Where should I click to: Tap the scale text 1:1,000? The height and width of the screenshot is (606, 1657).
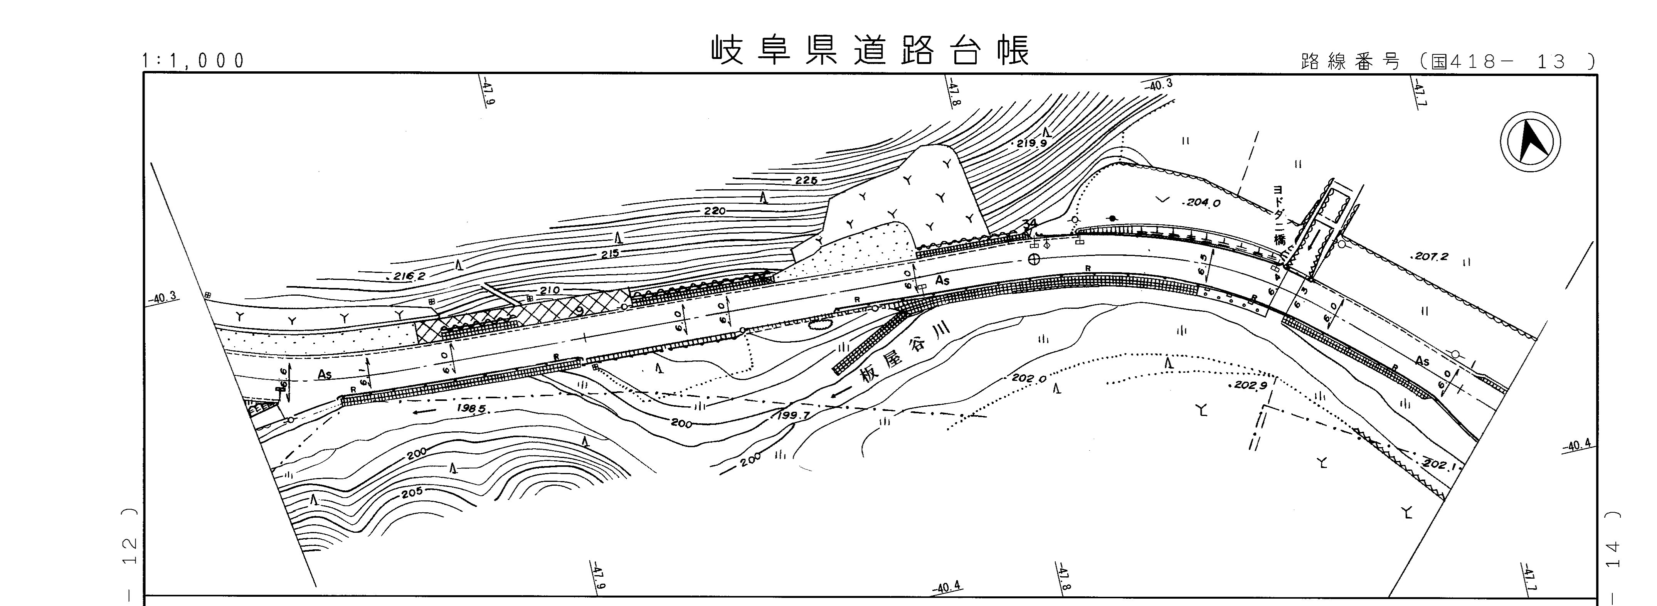[x=193, y=61]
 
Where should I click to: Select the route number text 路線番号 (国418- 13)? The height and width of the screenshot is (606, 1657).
[x=1447, y=62]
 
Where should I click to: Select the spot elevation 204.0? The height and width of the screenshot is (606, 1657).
[x=1203, y=203]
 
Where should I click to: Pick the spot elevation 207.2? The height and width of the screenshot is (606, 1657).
[x=1431, y=256]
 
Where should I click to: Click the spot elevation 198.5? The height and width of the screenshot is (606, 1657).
[x=471, y=409]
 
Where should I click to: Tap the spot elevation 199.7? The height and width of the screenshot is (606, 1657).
[x=793, y=416]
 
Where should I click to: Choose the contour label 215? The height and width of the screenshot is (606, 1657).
[x=610, y=254]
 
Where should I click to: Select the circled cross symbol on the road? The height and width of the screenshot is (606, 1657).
[x=1034, y=259]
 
